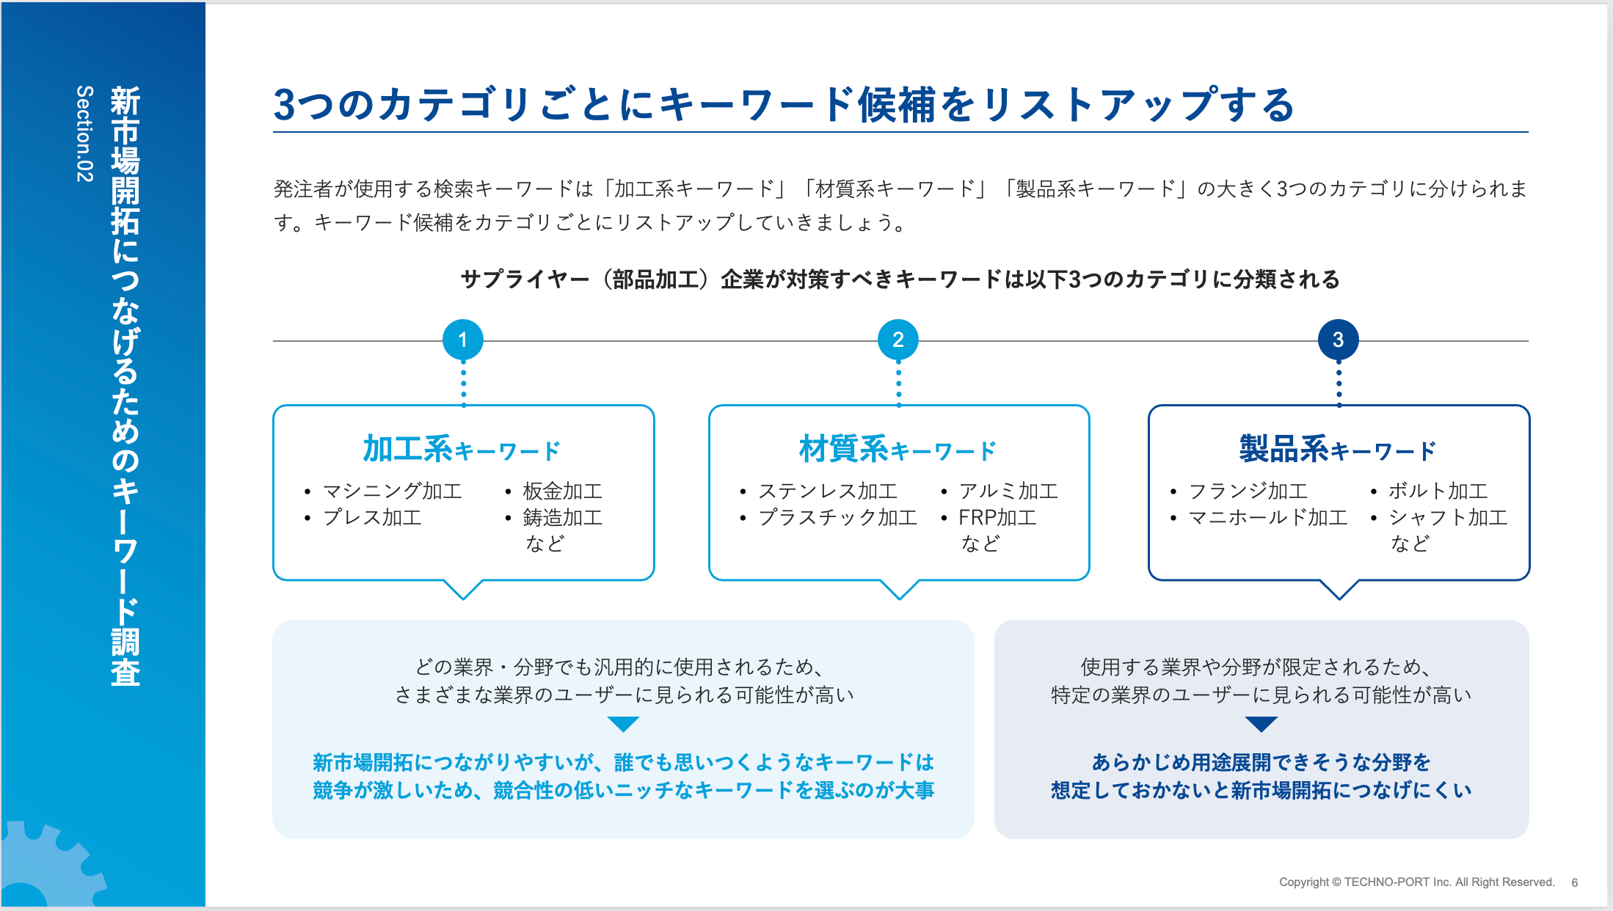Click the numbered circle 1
pyautogui.click(x=463, y=340)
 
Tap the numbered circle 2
pyautogui.click(x=898, y=340)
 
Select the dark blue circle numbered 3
pyautogui.click(x=1338, y=340)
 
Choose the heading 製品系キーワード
pyautogui.click(x=1338, y=449)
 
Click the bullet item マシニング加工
pyautogui.click(x=393, y=491)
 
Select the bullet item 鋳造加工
pyautogui.click(x=562, y=517)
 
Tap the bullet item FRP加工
pyautogui.click(x=997, y=517)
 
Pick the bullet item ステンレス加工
pyautogui.click(x=828, y=491)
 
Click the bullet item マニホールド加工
pyautogui.click(x=1268, y=517)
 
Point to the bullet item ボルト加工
pyautogui.click(x=1438, y=491)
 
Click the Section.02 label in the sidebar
pyautogui.click(x=85, y=133)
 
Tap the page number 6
pyautogui.click(x=1575, y=882)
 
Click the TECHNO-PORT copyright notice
pyautogui.click(x=1416, y=882)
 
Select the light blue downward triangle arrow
pyautogui.click(x=624, y=724)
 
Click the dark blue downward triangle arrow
pyautogui.click(x=1261, y=724)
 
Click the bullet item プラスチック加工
pyautogui.click(x=838, y=517)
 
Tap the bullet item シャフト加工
pyautogui.click(x=1448, y=517)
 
